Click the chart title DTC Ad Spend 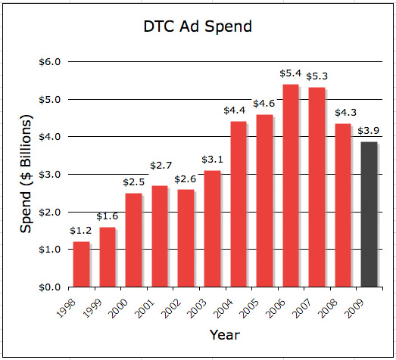198,27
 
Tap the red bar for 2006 290,186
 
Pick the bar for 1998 81,265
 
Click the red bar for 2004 238,204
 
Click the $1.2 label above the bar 82,230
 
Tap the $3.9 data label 369,130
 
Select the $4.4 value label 237,110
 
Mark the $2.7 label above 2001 161,166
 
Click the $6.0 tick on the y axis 50,61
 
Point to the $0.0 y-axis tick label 50,287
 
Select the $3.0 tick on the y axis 50,174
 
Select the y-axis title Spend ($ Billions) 27,174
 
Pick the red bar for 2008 343,206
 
